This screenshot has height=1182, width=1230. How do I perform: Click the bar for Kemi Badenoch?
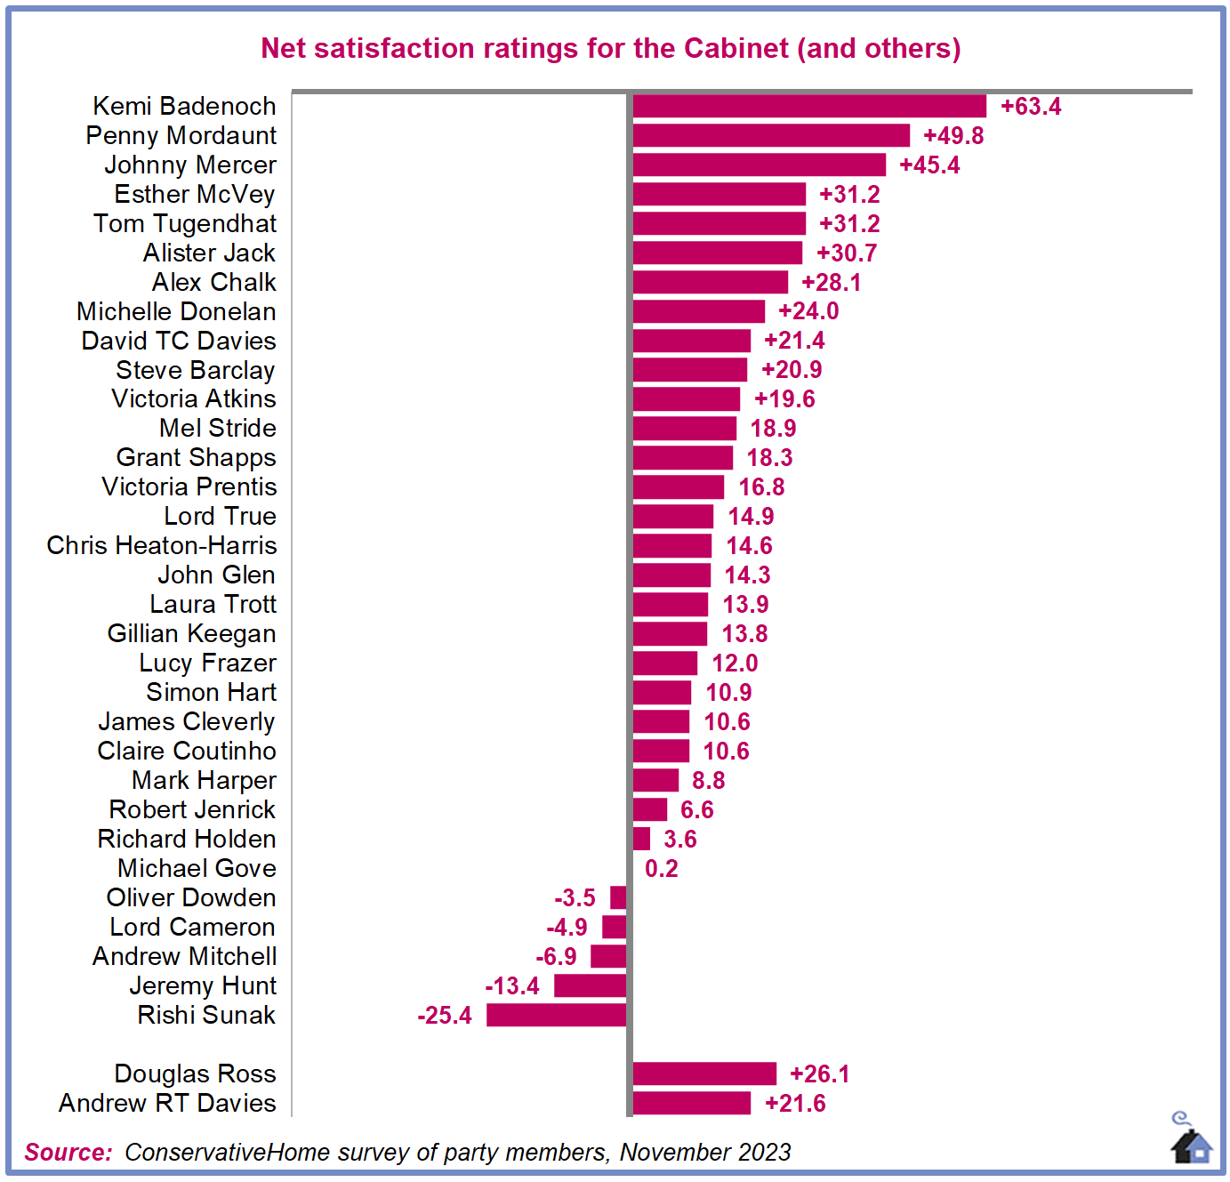pyautogui.click(x=809, y=107)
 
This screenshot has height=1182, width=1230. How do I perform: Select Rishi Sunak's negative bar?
pyautogui.click(x=557, y=1015)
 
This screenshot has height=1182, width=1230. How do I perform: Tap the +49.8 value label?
pyautogui.click(x=953, y=136)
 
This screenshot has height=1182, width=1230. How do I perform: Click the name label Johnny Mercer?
pyautogui.click(x=190, y=165)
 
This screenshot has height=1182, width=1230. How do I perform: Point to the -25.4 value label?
pyautogui.click(x=445, y=1016)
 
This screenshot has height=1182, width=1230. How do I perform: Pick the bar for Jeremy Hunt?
pyautogui.click(x=591, y=985)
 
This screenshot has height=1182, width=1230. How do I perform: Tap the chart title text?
pyautogui.click(x=611, y=48)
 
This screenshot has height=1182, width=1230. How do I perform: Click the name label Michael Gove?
pyautogui.click(x=197, y=869)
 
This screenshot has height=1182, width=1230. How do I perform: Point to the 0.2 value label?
pyautogui.click(x=662, y=869)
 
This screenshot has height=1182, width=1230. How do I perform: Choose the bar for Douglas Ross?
pyautogui.click(x=704, y=1073)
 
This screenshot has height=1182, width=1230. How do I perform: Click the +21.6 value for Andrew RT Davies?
pyautogui.click(x=795, y=1104)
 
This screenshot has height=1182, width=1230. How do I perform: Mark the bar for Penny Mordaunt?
pyautogui.click(x=771, y=136)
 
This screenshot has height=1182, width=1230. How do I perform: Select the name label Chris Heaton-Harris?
pyautogui.click(x=162, y=546)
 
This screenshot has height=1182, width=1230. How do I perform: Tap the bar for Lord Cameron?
pyautogui.click(x=615, y=928)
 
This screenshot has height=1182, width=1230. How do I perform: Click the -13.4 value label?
pyautogui.click(x=512, y=986)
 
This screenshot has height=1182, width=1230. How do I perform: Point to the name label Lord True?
pyautogui.click(x=220, y=517)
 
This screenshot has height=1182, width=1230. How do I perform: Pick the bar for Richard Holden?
pyautogui.click(x=641, y=840)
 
